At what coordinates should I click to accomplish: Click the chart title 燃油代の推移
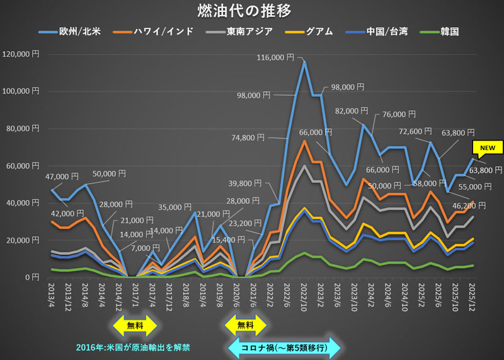pyautogui.click(x=252, y=11)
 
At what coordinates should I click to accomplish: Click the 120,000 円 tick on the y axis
pyautogui.click(x=21, y=54)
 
